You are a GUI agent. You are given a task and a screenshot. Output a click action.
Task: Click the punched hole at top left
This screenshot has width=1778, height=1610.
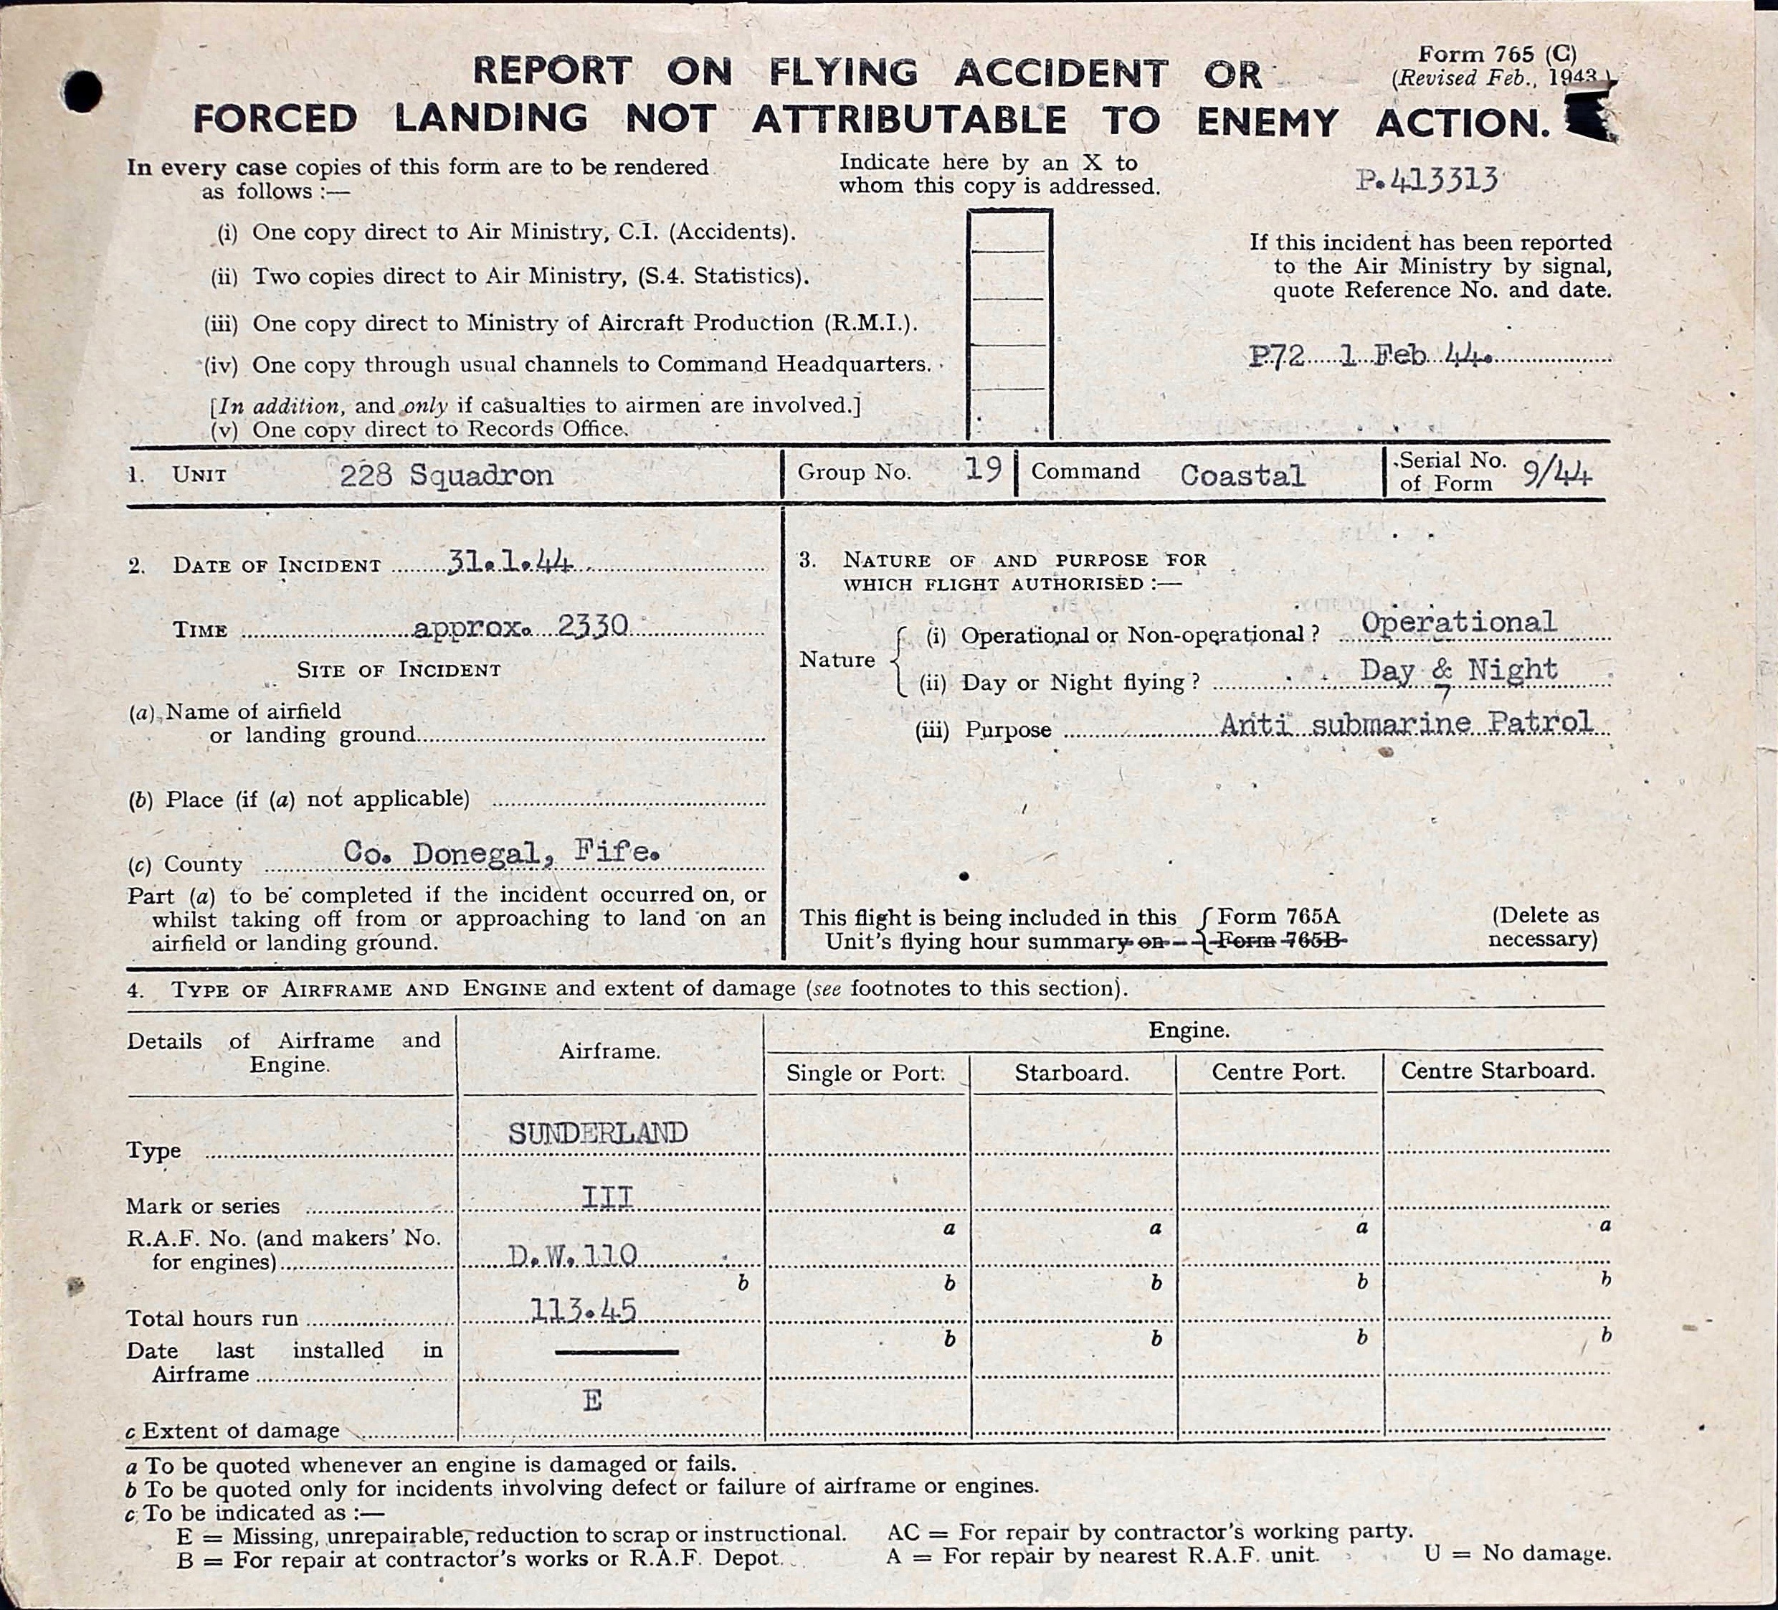pos(82,91)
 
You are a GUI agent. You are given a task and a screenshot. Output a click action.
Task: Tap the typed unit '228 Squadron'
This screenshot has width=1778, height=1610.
pos(446,475)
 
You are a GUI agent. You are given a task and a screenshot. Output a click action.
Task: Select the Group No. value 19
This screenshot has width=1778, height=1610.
pos(982,469)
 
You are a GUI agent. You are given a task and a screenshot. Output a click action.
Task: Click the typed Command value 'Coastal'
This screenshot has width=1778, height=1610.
pos(1242,475)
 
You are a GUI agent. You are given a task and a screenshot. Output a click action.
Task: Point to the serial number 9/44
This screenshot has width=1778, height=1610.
pos(1556,475)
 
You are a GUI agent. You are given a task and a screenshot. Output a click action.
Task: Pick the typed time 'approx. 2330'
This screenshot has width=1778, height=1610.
pos(520,626)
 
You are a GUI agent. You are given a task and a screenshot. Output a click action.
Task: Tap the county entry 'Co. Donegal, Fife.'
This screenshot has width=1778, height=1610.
pos(501,851)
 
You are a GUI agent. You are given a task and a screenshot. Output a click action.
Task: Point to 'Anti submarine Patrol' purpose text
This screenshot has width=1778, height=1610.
pos(1407,724)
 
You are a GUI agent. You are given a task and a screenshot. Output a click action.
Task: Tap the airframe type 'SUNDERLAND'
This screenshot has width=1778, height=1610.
pos(597,1132)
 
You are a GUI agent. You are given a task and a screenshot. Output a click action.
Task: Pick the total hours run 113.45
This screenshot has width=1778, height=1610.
pos(583,1311)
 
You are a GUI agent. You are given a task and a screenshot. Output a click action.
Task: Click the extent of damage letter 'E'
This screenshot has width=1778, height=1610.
pos(591,1401)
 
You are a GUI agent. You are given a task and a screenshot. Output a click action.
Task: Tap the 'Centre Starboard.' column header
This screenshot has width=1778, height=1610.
pos(1498,1071)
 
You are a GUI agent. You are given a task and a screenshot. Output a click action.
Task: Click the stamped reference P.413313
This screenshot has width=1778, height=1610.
pos(1426,181)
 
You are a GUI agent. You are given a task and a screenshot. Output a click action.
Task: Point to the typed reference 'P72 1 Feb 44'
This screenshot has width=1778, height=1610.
pos(1369,356)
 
